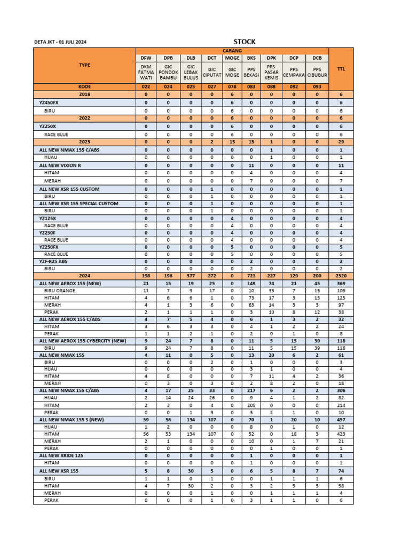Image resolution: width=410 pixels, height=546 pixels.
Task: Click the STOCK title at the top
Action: [x=245, y=42]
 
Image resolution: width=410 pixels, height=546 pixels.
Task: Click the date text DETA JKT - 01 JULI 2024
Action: [x=60, y=42]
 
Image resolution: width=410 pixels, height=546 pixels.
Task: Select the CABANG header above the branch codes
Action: [x=232, y=51]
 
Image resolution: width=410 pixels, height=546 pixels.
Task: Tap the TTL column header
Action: [x=341, y=68]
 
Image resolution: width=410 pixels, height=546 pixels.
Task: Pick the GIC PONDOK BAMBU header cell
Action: [x=168, y=72]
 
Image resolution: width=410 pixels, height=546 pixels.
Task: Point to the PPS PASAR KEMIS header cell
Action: [x=271, y=72]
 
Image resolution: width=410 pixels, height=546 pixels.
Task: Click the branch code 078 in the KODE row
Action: [x=232, y=86]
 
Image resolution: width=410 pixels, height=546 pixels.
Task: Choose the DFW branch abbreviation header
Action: [x=146, y=58]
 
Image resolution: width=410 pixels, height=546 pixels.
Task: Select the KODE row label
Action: [x=84, y=86]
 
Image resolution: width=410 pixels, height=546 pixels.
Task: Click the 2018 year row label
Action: [x=84, y=94]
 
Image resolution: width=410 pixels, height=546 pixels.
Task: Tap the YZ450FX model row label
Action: [x=49, y=102]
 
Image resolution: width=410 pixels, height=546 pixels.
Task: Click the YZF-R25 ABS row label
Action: [x=53, y=262]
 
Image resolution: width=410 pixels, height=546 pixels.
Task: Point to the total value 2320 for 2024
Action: [x=341, y=276]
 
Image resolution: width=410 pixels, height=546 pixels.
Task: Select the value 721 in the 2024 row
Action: [x=251, y=276]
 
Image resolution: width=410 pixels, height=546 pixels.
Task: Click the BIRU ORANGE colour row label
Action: [x=60, y=291]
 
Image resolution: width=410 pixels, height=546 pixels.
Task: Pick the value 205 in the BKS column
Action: [x=251, y=405]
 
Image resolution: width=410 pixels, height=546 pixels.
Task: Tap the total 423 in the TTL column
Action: [x=341, y=434]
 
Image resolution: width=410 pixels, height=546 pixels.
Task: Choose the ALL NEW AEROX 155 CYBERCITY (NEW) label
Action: [x=83, y=340]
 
